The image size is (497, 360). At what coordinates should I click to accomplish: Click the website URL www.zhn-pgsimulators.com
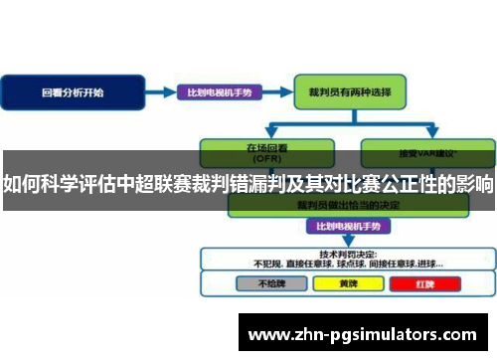pyautogui.click(x=369, y=331)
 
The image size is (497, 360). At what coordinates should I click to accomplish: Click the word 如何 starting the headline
pyautogui.click(x=17, y=186)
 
